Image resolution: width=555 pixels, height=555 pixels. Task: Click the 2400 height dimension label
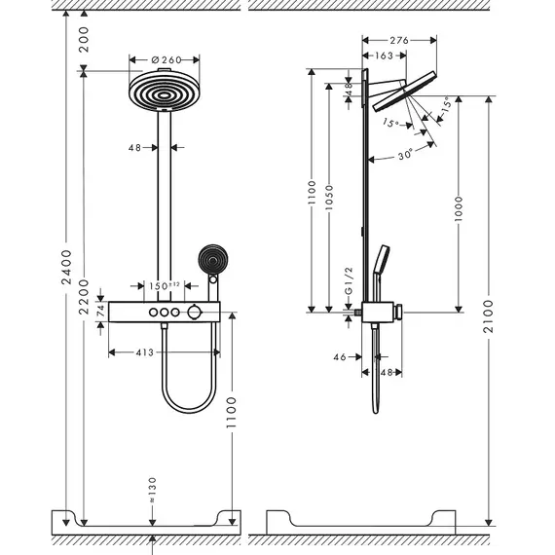click(66, 267)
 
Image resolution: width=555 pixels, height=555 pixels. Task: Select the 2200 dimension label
click(84, 297)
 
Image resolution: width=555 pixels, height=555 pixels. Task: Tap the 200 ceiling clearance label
click(84, 39)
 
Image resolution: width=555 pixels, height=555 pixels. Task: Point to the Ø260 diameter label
click(166, 59)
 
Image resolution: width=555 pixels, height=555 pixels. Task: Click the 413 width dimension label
click(145, 352)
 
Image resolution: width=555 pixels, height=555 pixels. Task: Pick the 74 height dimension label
click(101, 311)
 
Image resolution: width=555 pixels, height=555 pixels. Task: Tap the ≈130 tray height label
click(152, 490)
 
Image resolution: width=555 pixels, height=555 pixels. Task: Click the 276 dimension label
click(399, 40)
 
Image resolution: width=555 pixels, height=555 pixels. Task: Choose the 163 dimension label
click(384, 55)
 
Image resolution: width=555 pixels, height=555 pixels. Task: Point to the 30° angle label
click(405, 155)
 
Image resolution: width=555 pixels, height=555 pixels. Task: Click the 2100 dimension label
click(489, 316)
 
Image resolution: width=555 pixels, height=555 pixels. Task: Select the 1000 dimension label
click(459, 208)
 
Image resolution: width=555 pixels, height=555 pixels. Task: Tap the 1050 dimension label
click(329, 197)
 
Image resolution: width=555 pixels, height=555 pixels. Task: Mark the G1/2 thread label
click(349, 280)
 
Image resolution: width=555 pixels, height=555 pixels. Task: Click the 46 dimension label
click(340, 357)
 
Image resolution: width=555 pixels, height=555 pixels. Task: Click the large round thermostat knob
click(195, 313)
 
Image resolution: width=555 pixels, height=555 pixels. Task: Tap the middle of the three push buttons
click(165, 313)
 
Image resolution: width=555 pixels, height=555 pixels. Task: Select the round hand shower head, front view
click(212, 259)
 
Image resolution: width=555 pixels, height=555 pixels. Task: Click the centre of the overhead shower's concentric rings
click(164, 94)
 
